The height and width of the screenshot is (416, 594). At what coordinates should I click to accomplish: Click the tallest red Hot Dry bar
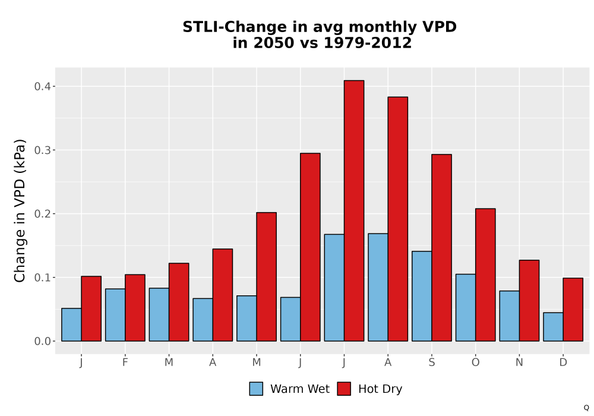(354, 210)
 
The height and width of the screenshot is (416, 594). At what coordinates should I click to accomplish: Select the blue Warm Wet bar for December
(553, 327)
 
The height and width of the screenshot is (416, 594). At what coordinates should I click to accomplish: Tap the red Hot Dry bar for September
(441, 248)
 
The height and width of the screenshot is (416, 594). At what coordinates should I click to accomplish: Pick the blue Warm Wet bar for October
(466, 308)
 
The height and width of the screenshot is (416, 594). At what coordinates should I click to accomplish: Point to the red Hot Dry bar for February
(135, 308)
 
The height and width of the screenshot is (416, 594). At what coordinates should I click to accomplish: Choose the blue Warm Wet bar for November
(510, 316)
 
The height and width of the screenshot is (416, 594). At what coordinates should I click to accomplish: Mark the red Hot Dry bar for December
(573, 310)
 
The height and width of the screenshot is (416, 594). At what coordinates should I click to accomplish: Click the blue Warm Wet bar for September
(422, 296)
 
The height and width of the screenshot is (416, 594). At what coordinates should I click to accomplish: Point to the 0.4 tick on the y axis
(53, 86)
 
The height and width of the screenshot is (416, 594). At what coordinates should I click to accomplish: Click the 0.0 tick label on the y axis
(42, 341)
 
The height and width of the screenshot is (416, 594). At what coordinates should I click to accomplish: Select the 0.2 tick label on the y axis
(42, 214)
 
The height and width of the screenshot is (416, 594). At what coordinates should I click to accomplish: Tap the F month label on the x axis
(125, 363)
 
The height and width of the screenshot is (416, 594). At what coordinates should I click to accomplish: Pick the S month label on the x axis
(431, 363)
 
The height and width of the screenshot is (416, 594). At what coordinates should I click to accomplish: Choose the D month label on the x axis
(563, 363)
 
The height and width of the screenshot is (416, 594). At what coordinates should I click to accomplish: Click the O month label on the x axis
(475, 363)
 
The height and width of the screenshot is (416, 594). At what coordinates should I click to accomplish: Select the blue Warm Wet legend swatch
(256, 389)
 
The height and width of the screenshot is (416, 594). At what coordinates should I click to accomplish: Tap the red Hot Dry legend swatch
(344, 389)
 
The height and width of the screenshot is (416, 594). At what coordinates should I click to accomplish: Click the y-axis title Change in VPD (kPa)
(20, 210)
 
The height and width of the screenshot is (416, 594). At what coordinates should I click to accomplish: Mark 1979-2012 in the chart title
(368, 43)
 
